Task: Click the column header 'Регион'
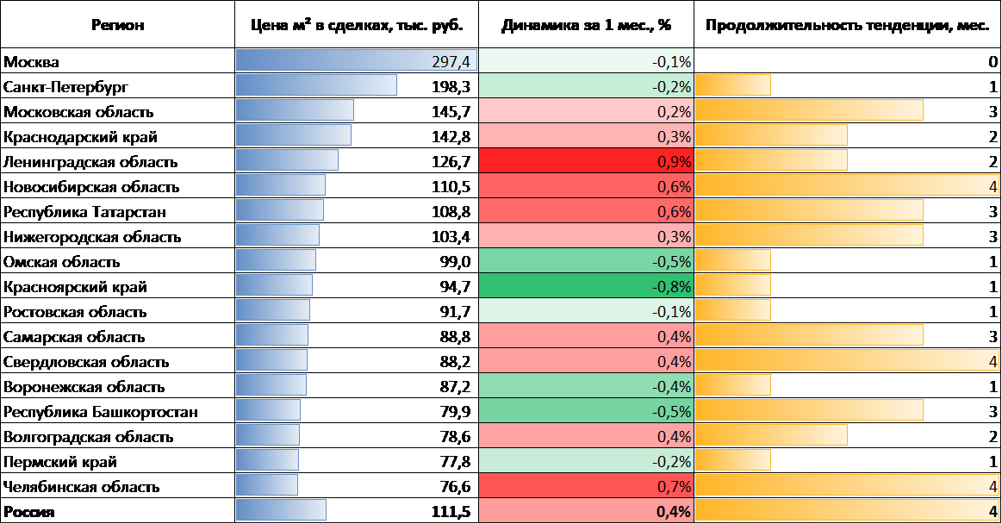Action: tap(117, 25)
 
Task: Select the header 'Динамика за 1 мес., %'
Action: tap(586, 25)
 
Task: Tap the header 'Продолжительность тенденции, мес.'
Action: tap(847, 25)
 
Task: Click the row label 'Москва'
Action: tap(31, 62)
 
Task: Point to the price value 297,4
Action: tap(451, 62)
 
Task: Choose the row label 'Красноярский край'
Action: tap(76, 287)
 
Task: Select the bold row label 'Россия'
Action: tap(29, 512)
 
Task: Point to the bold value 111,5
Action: tap(451, 512)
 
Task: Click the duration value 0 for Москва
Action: tap(993, 62)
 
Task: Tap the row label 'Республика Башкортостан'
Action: tap(101, 412)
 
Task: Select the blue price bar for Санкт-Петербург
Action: tap(316, 87)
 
